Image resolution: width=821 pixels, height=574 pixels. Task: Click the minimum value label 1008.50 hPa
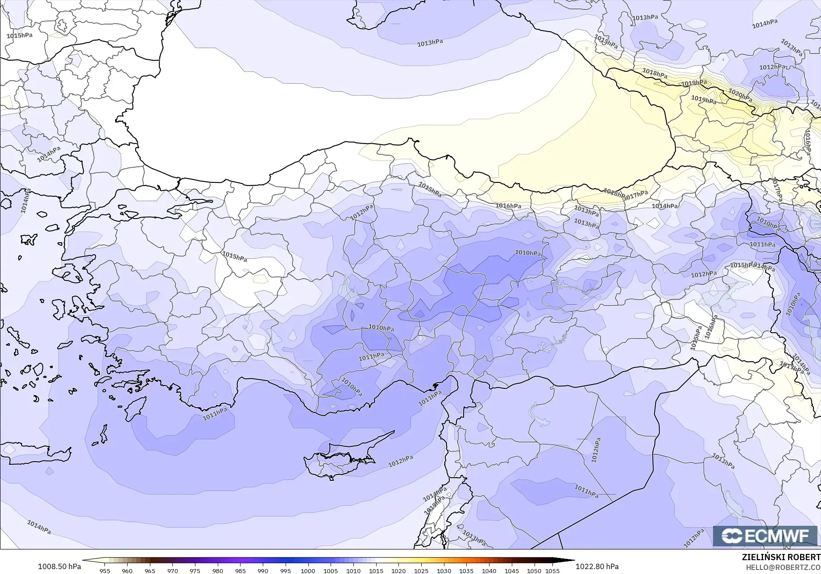pyautogui.click(x=59, y=566)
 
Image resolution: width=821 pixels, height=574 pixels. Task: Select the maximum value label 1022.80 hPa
pyautogui.click(x=597, y=566)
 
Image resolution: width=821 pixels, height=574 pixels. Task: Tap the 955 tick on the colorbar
pyautogui.click(x=104, y=570)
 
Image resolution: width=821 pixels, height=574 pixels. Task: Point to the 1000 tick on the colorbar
pyautogui.click(x=308, y=570)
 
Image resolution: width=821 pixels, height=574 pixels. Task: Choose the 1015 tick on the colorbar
pyautogui.click(x=376, y=570)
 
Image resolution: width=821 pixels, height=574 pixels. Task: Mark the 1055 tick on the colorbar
pyautogui.click(x=552, y=570)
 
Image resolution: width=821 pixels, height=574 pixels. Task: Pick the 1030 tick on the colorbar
pyautogui.click(x=444, y=570)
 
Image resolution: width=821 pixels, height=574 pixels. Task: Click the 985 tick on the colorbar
pyautogui.click(x=240, y=570)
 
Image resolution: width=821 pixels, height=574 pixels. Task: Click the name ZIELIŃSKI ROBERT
pyautogui.click(x=781, y=557)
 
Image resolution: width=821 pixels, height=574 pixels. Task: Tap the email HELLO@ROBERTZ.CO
pyautogui.click(x=783, y=567)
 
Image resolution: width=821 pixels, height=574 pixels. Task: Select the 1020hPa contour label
pyautogui.click(x=740, y=95)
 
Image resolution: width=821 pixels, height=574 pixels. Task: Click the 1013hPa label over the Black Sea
pyautogui.click(x=430, y=43)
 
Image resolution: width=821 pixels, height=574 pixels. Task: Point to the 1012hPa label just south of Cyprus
pyautogui.click(x=400, y=461)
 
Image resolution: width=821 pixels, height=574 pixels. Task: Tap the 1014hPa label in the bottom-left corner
pyautogui.click(x=39, y=527)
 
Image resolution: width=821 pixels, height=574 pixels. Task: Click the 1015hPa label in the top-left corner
pyautogui.click(x=20, y=35)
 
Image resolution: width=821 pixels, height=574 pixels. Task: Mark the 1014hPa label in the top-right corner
pyautogui.click(x=764, y=24)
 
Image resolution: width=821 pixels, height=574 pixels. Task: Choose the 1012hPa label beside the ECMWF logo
pyautogui.click(x=694, y=538)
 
